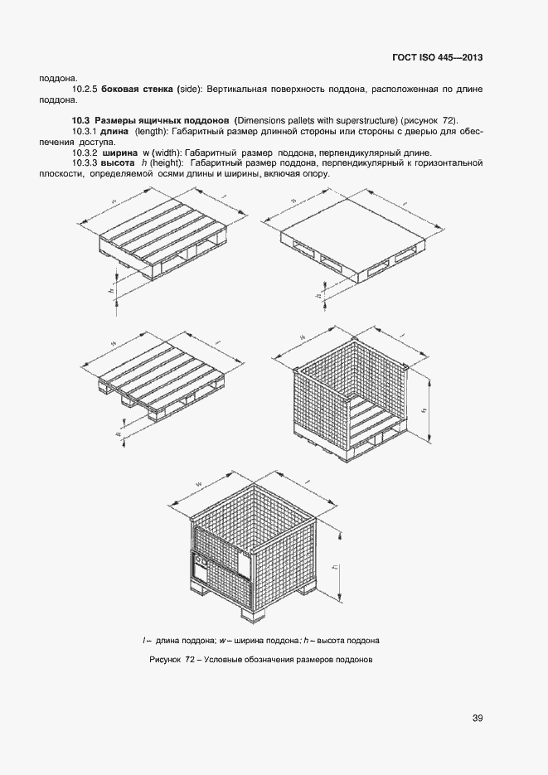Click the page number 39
tap(477, 718)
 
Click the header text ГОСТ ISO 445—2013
tap(437, 58)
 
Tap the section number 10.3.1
tap(85, 132)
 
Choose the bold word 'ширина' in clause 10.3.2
tap(120, 153)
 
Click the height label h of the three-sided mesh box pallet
tap(424, 409)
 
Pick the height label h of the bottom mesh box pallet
tap(332, 569)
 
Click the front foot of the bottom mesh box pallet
tap(254, 614)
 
